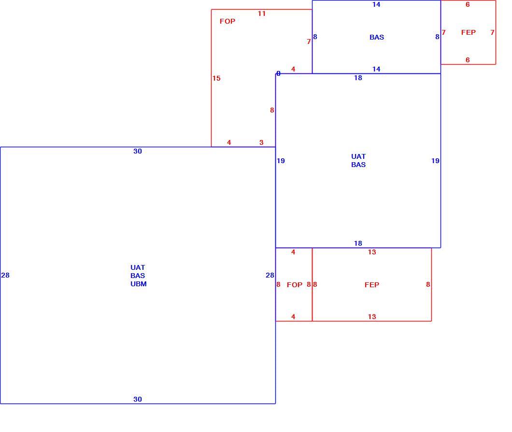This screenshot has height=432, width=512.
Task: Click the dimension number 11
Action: pos(261,14)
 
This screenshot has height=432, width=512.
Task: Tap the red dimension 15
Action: pos(216,78)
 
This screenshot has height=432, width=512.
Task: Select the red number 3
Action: pos(261,142)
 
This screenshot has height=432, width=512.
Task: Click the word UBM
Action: pos(139,284)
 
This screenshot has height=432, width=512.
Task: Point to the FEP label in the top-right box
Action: pos(468,32)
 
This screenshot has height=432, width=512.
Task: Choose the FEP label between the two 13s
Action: pos(371,285)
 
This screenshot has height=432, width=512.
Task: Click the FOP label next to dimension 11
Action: pos(228,21)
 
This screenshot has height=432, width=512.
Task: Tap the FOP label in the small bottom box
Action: pos(295,285)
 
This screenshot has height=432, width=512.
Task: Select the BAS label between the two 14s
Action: pos(376,37)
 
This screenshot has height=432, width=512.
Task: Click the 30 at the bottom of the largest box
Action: pos(138,399)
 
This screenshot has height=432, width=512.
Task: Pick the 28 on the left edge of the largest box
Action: pos(5,275)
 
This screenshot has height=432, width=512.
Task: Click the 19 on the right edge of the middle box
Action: pos(435,161)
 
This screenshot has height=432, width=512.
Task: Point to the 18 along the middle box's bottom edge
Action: pos(358,243)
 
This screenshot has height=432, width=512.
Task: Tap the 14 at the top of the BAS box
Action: pos(376,4)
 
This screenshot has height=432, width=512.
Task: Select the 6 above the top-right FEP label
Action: pos(468,4)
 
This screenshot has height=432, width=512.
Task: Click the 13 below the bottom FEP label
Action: pos(371,317)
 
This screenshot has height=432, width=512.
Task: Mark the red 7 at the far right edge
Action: pos(492,32)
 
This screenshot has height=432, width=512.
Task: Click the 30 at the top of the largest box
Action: pos(138,151)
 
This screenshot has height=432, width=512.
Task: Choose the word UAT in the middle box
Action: pos(358,156)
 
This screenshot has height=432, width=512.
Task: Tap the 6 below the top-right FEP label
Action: pos(468,60)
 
